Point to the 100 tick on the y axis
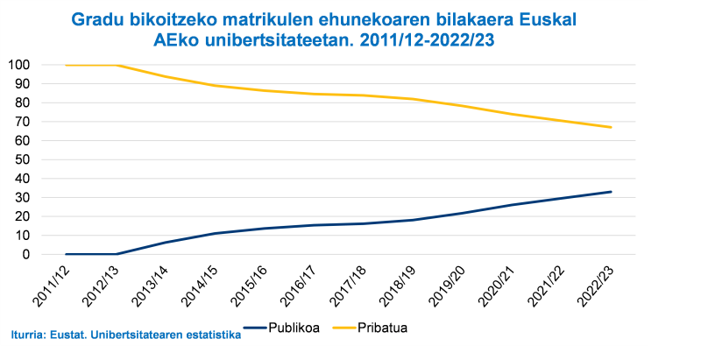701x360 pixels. tap(18, 65)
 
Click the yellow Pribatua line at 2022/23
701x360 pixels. tap(611, 127)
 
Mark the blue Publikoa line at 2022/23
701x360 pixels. tap(611, 192)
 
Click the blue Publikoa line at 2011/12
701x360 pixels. tap(67, 254)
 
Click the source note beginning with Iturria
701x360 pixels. tap(126, 334)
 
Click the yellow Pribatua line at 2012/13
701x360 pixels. tap(117, 65)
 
